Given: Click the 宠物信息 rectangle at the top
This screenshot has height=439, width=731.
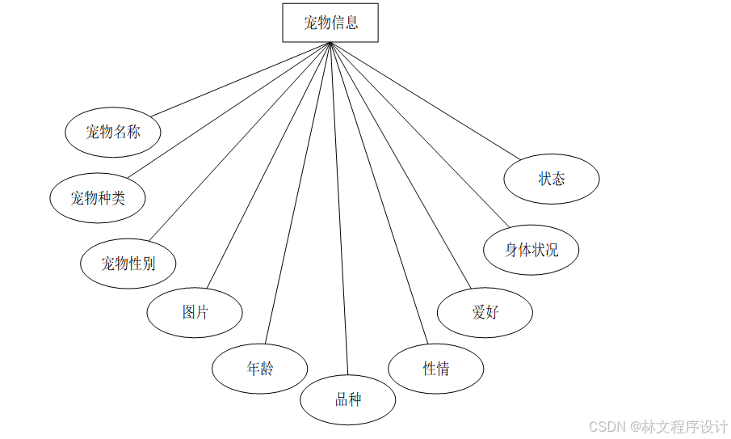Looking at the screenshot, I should tap(330, 23).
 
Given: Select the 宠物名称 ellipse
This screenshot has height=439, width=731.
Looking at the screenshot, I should tap(112, 132).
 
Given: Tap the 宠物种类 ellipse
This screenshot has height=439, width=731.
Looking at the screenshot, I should tap(97, 197).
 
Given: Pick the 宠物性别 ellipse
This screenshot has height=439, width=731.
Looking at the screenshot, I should tap(128, 263).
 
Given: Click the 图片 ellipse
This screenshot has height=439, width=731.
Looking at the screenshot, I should tap(195, 312).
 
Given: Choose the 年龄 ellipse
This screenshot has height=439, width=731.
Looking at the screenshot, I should tap(259, 369).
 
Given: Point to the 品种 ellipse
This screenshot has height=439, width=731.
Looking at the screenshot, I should tap(348, 399).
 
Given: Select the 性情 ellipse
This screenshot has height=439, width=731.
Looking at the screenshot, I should tap(436, 369).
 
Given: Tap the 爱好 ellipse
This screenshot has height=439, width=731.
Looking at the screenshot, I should tap(485, 312).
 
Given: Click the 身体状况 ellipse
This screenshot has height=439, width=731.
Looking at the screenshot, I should tap(531, 250).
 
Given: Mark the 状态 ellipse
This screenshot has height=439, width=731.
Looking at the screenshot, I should tap(552, 179).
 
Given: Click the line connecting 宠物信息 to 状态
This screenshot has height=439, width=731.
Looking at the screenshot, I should tap(426, 100).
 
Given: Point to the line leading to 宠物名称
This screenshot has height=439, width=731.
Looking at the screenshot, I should tap(241, 79).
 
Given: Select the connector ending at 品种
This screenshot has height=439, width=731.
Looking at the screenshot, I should tap(339, 209).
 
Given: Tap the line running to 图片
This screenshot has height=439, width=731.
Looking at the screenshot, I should tap(269, 166).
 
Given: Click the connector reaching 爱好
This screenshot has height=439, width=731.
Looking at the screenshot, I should tap(401, 166).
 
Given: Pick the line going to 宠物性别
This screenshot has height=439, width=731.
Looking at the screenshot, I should tap(240, 142).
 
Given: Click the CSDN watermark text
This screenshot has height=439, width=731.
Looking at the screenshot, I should tap(657, 426).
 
